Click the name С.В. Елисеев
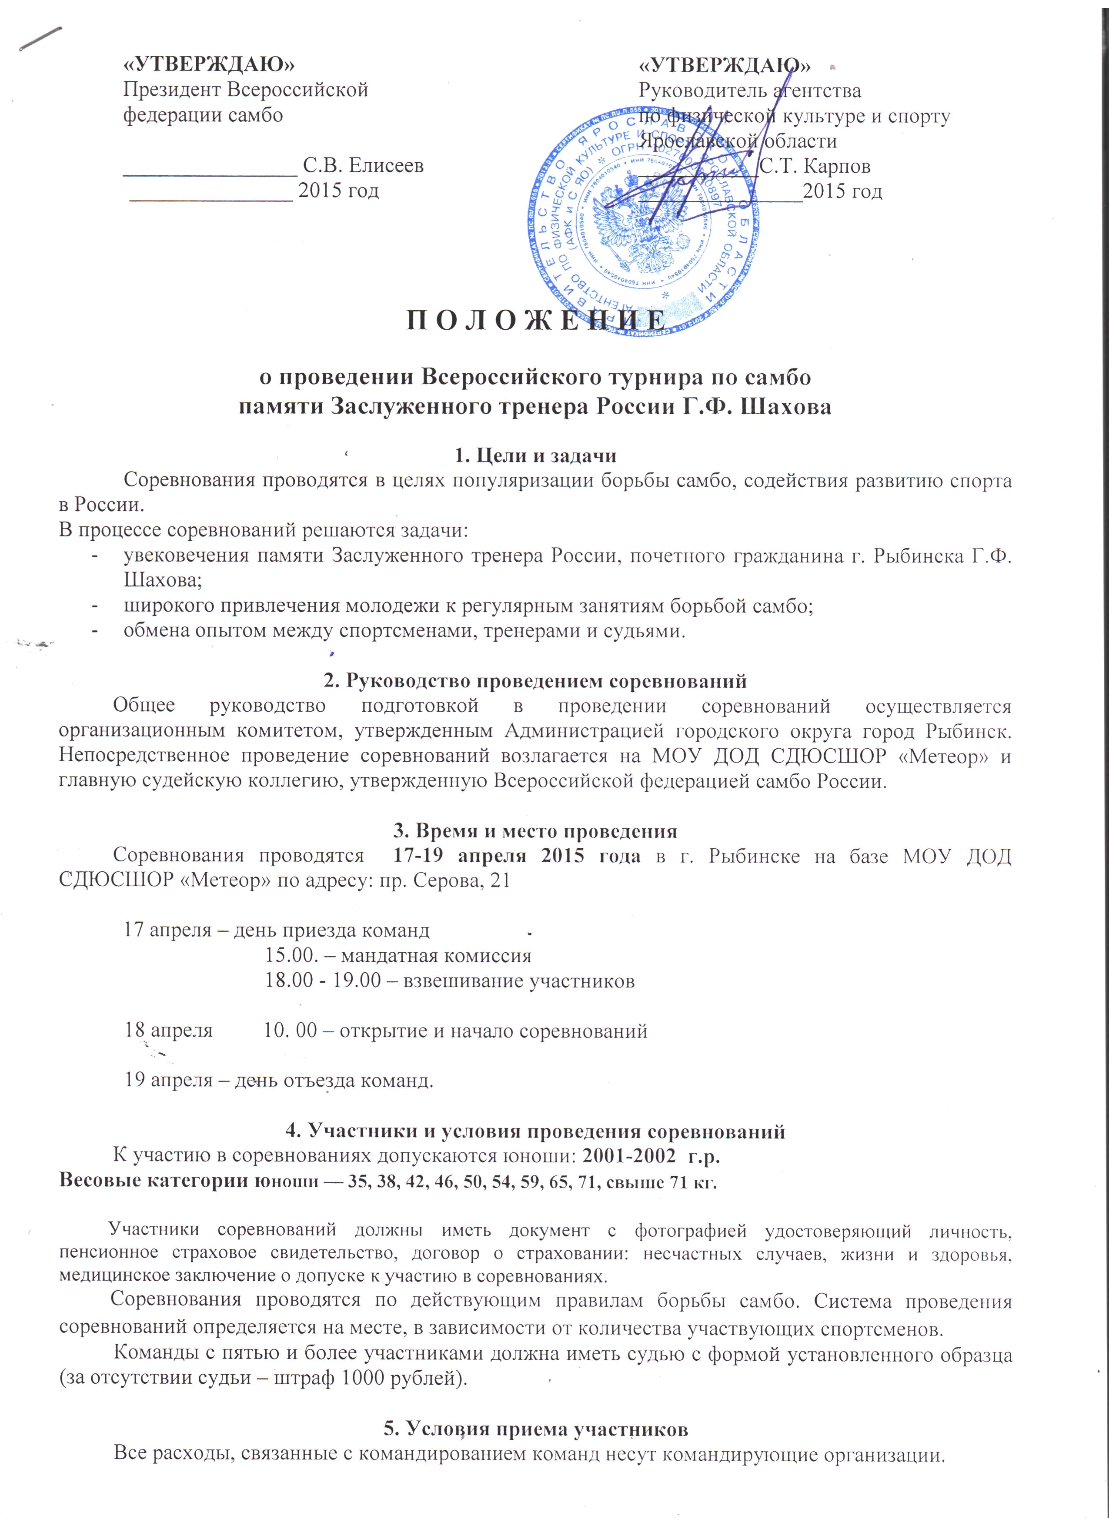coord(363,165)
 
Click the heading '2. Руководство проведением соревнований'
coord(535,681)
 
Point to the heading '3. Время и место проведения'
coord(535,830)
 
